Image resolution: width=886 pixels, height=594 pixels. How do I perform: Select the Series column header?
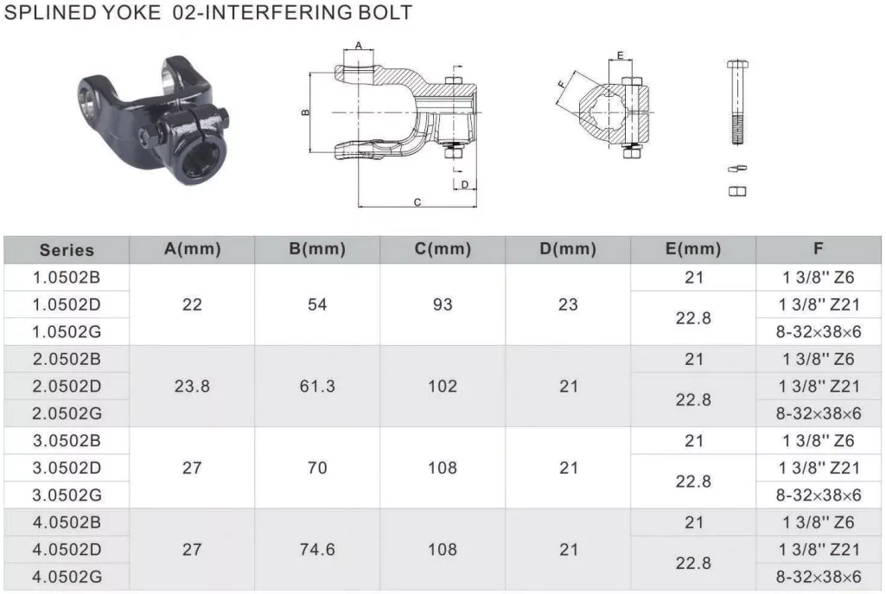click(x=67, y=251)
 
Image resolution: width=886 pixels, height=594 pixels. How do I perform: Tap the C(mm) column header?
click(x=443, y=250)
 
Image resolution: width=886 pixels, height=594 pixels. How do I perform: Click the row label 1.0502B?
click(x=67, y=278)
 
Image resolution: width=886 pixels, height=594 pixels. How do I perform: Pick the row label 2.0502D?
click(x=67, y=386)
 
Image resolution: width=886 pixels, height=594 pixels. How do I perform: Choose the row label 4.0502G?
click(x=67, y=577)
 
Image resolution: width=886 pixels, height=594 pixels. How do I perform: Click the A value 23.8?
click(x=192, y=386)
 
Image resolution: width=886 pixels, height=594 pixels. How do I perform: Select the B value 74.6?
click(x=317, y=549)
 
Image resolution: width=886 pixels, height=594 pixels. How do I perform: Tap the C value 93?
click(x=443, y=305)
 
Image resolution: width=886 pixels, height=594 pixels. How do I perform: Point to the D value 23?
click(x=568, y=305)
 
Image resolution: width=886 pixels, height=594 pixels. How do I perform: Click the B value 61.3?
click(x=317, y=386)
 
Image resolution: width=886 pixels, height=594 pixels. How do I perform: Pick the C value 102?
click(x=443, y=386)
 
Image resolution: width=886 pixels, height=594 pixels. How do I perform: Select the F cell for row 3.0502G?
click(x=818, y=495)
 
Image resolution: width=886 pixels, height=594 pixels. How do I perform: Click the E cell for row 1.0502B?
click(x=693, y=278)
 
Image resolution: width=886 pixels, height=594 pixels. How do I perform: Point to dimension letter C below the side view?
click(x=417, y=202)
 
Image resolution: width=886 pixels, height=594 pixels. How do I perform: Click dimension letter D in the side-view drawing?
click(x=464, y=184)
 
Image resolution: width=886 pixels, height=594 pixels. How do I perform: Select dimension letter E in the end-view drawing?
click(x=620, y=56)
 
